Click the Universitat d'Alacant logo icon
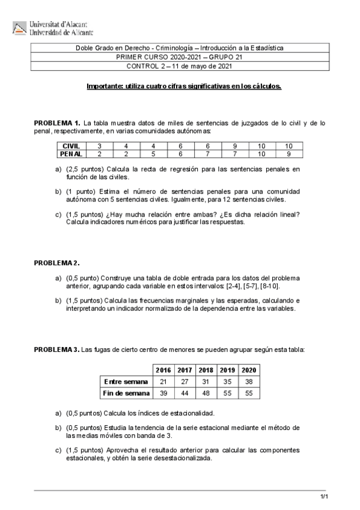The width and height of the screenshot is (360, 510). pyautogui.click(x=20, y=28)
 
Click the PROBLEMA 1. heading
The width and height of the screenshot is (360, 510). pyautogui.click(x=57, y=123)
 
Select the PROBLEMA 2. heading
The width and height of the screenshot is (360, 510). pyautogui.click(x=56, y=263)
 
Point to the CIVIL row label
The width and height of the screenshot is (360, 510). pyautogui.click(x=71, y=146)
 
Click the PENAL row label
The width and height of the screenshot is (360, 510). pyautogui.click(x=71, y=154)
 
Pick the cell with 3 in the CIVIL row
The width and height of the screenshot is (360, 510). pyautogui.click(x=99, y=146)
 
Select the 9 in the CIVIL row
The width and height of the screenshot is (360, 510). pyautogui.click(x=234, y=146)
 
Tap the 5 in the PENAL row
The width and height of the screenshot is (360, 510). pyautogui.click(x=153, y=154)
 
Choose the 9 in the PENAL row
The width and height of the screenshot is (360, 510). pyautogui.click(x=288, y=154)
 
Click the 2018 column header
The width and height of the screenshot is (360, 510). pyautogui.click(x=206, y=369)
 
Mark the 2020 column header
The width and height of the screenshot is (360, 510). pyautogui.click(x=249, y=369)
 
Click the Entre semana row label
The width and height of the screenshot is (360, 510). pyautogui.click(x=126, y=381)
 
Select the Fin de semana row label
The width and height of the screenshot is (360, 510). pyautogui.click(x=126, y=393)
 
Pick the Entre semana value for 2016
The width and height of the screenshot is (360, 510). pyautogui.click(x=163, y=381)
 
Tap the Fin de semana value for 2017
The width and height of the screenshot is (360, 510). pyautogui.click(x=185, y=393)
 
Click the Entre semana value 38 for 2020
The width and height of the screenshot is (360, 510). pyautogui.click(x=249, y=381)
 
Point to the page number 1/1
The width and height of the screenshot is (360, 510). pyautogui.click(x=323, y=496)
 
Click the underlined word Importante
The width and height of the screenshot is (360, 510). pyautogui.click(x=104, y=87)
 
